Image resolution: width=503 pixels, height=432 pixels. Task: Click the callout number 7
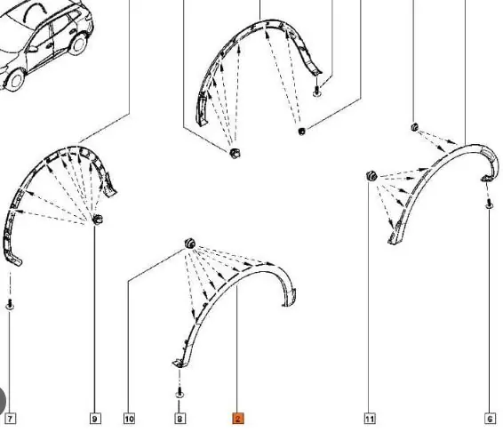[x=11, y=419]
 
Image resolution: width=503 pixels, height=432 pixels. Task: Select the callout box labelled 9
[x=94, y=419]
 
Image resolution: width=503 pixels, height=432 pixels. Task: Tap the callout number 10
[x=129, y=419]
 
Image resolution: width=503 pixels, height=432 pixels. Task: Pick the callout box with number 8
[x=180, y=419]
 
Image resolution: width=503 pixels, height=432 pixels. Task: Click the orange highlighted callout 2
[x=237, y=419]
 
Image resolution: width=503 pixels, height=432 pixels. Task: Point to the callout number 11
[x=370, y=419]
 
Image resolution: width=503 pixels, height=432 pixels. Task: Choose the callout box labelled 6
[x=490, y=419]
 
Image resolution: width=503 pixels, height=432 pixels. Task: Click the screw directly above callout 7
[x=10, y=304]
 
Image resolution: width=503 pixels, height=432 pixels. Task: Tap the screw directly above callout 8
[x=180, y=393]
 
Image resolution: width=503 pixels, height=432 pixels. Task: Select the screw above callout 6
[x=489, y=204]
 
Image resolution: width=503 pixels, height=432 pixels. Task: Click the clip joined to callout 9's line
[x=98, y=220]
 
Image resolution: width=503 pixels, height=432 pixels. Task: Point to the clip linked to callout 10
[x=190, y=244]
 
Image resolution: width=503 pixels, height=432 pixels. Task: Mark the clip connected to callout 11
[x=371, y=176]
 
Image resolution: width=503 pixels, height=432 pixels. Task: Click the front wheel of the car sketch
[x=14, y=80]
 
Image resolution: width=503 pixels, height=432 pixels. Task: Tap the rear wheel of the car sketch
[x=78, y=44]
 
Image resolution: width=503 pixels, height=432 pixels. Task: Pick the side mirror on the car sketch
[x=32, y=49]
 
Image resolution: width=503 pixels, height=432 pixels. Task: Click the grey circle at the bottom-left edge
[x=3, y=400]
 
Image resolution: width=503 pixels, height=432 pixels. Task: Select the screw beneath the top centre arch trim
[x=317, y=90]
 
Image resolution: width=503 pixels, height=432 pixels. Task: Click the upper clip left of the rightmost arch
[x=414, y=127]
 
